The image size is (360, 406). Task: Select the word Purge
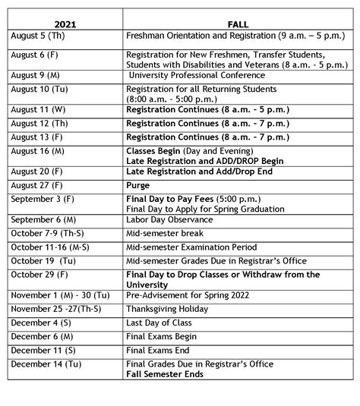139,184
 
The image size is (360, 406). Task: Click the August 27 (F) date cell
37,184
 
